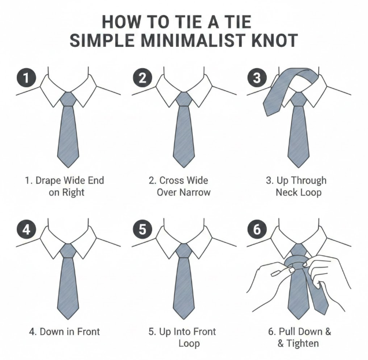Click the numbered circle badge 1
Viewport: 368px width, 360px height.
26,77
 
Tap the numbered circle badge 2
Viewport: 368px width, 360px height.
142,77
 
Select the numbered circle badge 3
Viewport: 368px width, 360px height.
257,77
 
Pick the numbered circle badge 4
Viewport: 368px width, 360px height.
26,229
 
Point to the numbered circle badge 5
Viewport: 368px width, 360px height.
142,229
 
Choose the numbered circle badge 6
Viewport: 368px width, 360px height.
257,229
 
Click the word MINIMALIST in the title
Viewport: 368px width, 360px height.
193,40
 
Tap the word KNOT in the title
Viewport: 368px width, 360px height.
275,40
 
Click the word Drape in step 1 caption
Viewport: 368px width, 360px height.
49,181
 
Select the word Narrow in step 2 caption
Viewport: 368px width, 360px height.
195,192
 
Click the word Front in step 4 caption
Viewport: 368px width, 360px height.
89,332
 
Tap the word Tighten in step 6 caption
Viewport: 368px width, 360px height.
303,344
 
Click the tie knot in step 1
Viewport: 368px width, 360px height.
68,99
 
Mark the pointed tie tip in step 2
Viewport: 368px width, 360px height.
184,168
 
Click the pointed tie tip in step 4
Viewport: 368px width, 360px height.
68,319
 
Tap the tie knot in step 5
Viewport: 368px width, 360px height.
184,251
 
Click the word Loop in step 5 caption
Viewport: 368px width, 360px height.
189,344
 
